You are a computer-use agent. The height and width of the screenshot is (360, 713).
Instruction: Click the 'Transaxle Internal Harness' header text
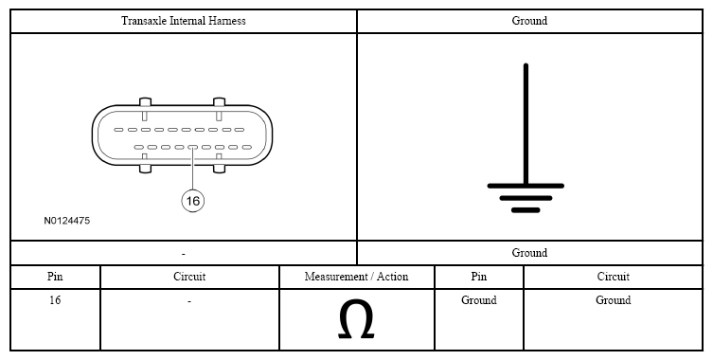click(184, 21)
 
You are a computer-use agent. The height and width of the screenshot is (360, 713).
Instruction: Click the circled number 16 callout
click(193, 201)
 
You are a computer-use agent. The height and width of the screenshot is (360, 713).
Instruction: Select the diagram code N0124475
click(67, 221)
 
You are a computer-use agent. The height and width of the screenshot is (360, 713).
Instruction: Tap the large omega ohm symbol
click(356, 318)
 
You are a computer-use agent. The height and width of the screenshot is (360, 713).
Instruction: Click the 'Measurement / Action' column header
click(356, 277)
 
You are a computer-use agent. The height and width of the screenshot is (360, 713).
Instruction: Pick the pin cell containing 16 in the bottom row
click(55, 300)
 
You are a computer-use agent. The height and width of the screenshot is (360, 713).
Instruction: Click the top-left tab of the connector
click(145, 102)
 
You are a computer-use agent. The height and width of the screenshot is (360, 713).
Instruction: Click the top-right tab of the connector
click(219, 102)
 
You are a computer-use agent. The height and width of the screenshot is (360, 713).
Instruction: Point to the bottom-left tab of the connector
click(145, 169)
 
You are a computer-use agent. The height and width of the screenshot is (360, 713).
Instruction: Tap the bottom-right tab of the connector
click(219, 169)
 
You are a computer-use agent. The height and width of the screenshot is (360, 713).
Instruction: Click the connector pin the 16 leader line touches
click(192, 147)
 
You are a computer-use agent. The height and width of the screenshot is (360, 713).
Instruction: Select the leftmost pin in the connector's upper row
click(118, 130)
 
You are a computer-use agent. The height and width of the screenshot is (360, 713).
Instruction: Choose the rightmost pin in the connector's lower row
click(247, 147)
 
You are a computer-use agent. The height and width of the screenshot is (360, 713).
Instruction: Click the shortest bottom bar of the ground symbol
click(526, 210)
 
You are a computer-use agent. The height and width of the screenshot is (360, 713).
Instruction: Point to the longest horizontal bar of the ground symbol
click(526, 186)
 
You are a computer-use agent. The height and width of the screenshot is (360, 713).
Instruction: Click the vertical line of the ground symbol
click(526, 124)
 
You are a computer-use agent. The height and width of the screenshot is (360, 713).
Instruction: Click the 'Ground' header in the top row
click(529, 21)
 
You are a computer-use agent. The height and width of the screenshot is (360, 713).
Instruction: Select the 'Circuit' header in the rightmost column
click(613, 277)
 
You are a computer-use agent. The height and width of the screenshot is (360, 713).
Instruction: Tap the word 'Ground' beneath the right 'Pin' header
click(479, 300)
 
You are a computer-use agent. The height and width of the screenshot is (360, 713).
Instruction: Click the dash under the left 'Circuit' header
click(189, 301)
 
